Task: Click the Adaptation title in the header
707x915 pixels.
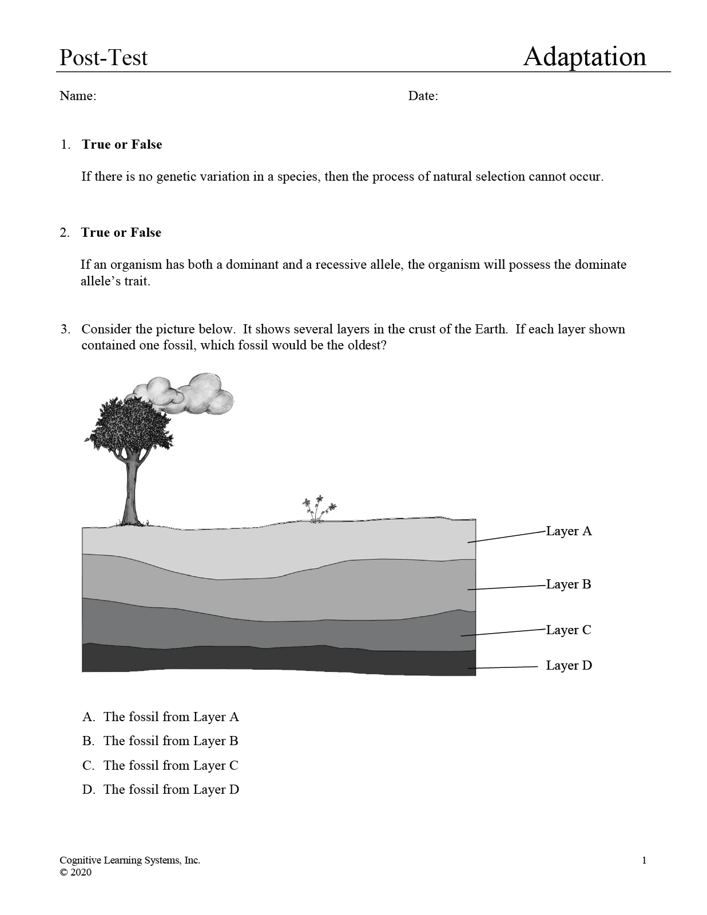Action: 584,57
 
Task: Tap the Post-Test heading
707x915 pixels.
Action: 104,58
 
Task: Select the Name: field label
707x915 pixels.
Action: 78,96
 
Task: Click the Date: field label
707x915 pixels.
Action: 423,96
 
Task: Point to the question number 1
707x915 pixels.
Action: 65,145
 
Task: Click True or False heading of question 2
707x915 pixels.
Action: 121,233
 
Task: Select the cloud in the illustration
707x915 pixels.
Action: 189,394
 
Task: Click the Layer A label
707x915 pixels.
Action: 569,531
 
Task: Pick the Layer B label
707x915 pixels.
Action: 569,584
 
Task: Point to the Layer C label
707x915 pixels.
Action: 569,630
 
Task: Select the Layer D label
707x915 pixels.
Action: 569,666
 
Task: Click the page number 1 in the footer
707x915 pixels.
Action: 644,860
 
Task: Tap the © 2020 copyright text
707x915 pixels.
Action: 76,872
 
